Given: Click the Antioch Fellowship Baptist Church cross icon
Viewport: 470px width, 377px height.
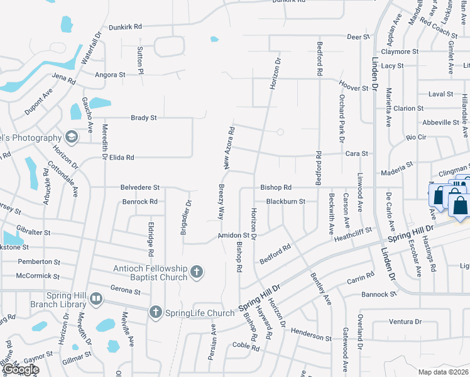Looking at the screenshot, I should coord(197,272).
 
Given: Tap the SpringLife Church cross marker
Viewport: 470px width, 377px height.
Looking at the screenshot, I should coord(155,312).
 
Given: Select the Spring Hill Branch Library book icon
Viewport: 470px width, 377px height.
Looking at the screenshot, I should coord(96,300).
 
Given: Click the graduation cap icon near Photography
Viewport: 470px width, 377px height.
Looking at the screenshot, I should coord(72,137).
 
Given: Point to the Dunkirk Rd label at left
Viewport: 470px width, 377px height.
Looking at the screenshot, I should coord(126,27).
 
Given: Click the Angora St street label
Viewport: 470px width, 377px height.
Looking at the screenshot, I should coord(109,74).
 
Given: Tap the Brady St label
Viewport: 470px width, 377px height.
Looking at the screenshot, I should coord(143,117).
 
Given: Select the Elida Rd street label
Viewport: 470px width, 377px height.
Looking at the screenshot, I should coord(122,157).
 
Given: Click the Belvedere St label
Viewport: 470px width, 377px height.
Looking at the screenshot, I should coord(140,187).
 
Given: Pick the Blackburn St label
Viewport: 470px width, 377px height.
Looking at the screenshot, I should coord(285,202).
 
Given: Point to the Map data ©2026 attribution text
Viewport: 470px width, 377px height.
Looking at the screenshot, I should coord(444,372).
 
